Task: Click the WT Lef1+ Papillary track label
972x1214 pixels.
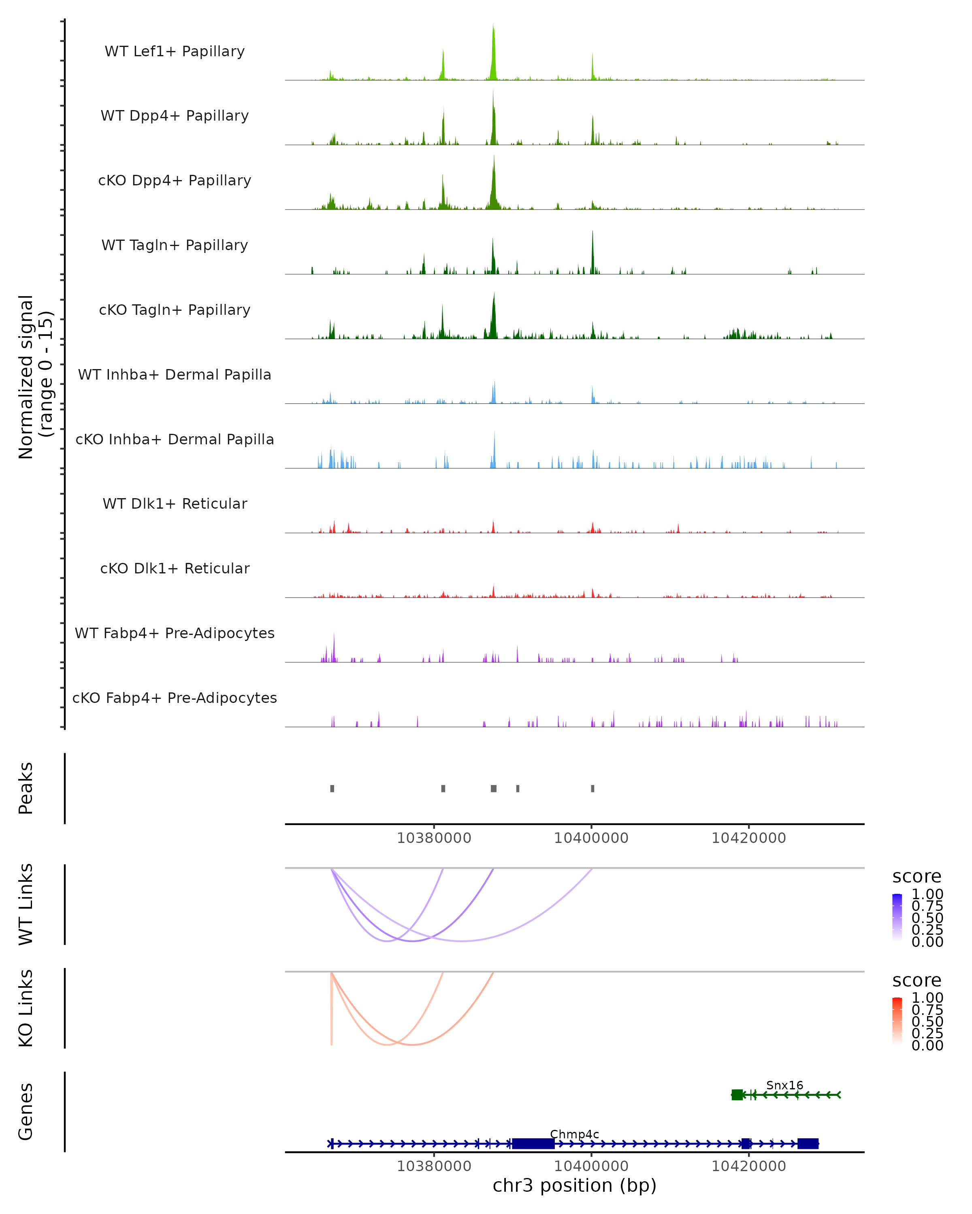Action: [175, 51]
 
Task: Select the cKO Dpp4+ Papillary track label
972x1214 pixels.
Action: [175, 181]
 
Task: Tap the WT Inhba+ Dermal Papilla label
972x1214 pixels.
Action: [175, 375]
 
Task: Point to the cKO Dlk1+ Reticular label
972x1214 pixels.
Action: [175, 569]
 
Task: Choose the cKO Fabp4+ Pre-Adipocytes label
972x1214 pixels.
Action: [175, 698]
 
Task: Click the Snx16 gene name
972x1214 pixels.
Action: [784, 1086]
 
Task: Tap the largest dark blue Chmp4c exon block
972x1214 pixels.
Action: [533, 1144]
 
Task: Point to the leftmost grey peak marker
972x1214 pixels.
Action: [333, 789]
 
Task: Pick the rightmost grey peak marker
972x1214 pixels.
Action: [592, 789]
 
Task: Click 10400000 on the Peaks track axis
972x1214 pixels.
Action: [591, 838]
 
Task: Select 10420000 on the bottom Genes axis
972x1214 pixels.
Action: [748, 1166]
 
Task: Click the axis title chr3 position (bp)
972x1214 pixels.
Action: [574, 1186]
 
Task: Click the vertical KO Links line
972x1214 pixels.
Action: [331, 1008]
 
